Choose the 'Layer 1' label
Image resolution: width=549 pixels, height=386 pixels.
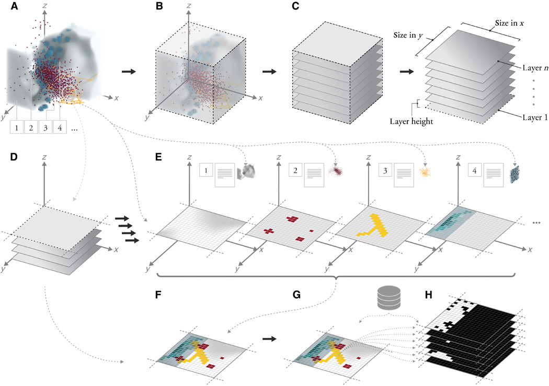533,118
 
